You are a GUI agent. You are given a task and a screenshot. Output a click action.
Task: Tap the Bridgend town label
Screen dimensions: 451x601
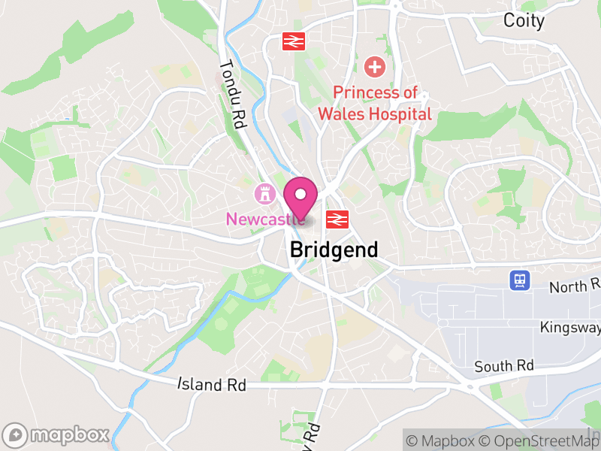tap(334, 250)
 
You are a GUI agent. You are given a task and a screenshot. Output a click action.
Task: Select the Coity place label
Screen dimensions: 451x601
tap(524, 20)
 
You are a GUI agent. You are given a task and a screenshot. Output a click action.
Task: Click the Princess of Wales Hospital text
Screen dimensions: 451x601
tap(375, 103)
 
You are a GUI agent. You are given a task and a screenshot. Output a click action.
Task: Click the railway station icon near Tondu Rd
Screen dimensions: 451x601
tap(293, 41)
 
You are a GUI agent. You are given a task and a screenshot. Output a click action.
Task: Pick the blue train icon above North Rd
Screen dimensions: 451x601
tap(519, 280)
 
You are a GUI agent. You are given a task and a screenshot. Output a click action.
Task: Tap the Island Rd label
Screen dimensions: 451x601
tap(212, 384)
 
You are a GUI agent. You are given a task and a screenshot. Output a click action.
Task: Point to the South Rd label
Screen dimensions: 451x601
tap(504, 366)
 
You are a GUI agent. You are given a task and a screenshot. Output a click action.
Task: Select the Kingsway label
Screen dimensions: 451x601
tap(570, 328)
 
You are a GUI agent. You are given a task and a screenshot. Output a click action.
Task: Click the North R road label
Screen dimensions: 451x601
tap(575, 286)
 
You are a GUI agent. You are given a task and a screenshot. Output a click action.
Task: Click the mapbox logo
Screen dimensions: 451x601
tap(57, 434)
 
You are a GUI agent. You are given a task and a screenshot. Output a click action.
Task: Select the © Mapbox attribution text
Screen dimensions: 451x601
tap(446, 440)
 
